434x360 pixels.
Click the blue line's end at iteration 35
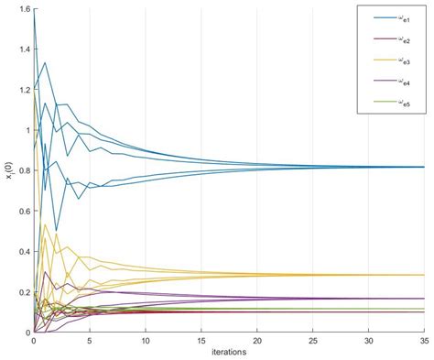[425, 167]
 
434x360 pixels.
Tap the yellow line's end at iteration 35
[425, 275]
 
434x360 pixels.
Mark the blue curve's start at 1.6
[33, 10]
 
